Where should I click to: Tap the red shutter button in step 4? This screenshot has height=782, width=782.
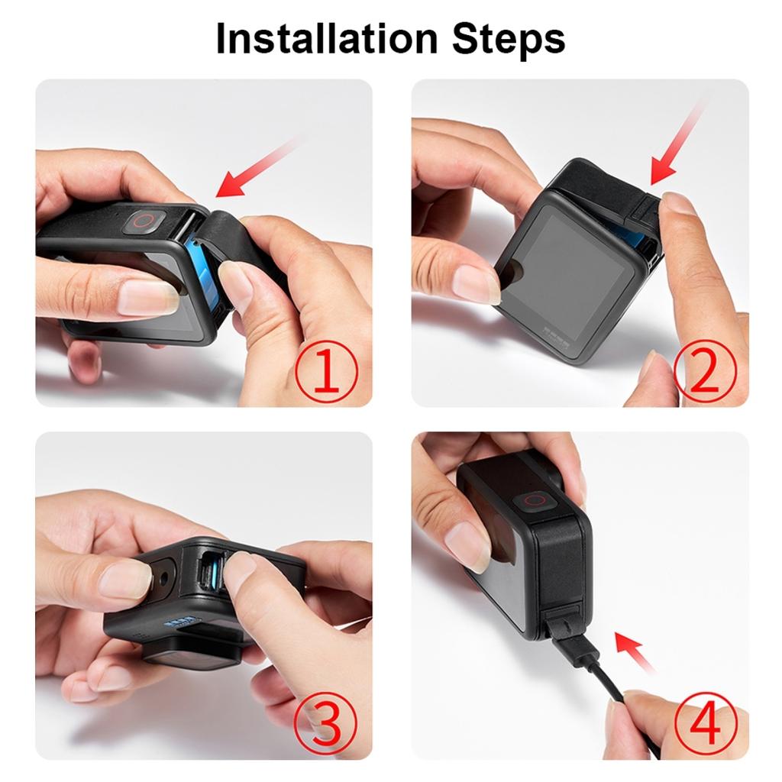pos(537,501)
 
